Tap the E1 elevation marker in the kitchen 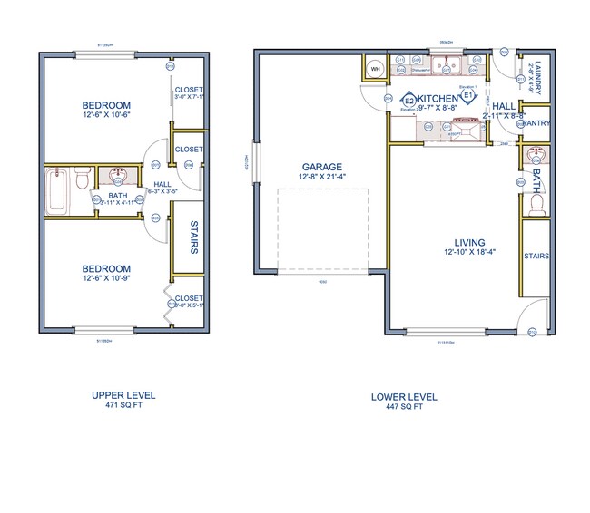469,95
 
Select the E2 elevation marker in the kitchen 409,100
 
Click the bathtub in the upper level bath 56,189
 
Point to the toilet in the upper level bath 83,178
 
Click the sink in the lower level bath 534,157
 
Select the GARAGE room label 322,167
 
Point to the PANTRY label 536,123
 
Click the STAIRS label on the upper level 194,238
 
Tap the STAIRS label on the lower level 536,256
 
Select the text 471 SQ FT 123,406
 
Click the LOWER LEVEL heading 404,396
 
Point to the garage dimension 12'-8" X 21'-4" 322,177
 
